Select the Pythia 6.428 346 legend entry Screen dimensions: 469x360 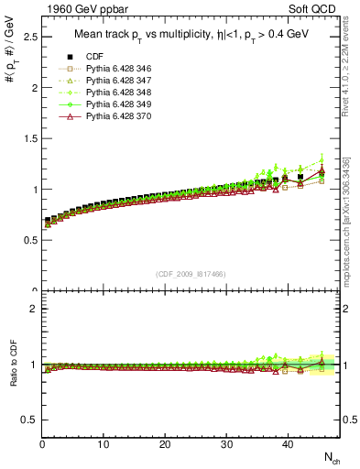click(x=115, y=69)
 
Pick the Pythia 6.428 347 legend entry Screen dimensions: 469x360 click(x=115, y=81)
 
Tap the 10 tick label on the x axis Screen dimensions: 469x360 click(x=104, y=444)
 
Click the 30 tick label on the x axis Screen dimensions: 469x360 click(x=226, y=444)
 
